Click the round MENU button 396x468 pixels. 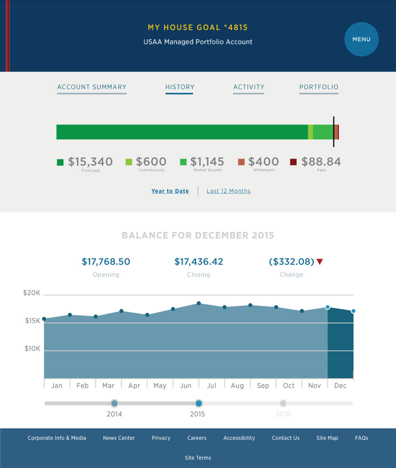point(361,39)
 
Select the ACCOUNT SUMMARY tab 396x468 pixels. point(92,87)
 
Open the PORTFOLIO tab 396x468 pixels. point(319,87)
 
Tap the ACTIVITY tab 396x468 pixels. point(249,87)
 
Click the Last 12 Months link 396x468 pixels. point(228,191)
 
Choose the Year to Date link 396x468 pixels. point(170,191)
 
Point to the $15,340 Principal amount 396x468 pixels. point(90,162)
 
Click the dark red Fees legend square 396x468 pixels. point(293,162)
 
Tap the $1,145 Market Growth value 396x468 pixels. point(207,162)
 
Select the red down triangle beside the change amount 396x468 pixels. point(320,262)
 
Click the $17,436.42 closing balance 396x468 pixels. point(199,262)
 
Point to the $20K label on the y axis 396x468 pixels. point(32,293)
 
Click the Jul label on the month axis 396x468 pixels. point(212,385)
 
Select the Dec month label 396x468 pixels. point(340,385)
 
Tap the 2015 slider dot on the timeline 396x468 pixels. point(199,403)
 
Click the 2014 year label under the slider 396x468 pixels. point(114,414)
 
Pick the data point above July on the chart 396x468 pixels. point(199,303)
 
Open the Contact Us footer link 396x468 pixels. point(285,438)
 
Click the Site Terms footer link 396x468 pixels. point(198,458)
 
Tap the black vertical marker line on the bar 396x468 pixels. point(334,131)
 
